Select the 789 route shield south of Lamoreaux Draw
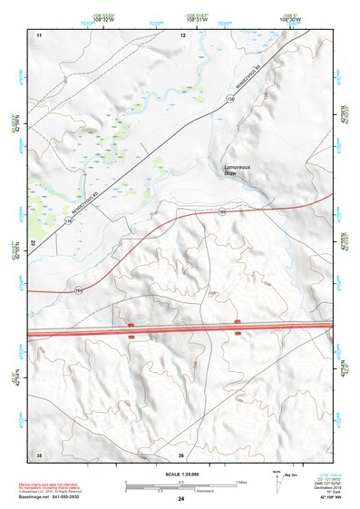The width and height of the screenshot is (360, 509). tap(222, 211)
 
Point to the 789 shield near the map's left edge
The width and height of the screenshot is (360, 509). tap(79, 290)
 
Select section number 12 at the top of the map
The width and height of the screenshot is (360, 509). tap(182, 34)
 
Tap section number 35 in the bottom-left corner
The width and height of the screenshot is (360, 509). tap(39, 454)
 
